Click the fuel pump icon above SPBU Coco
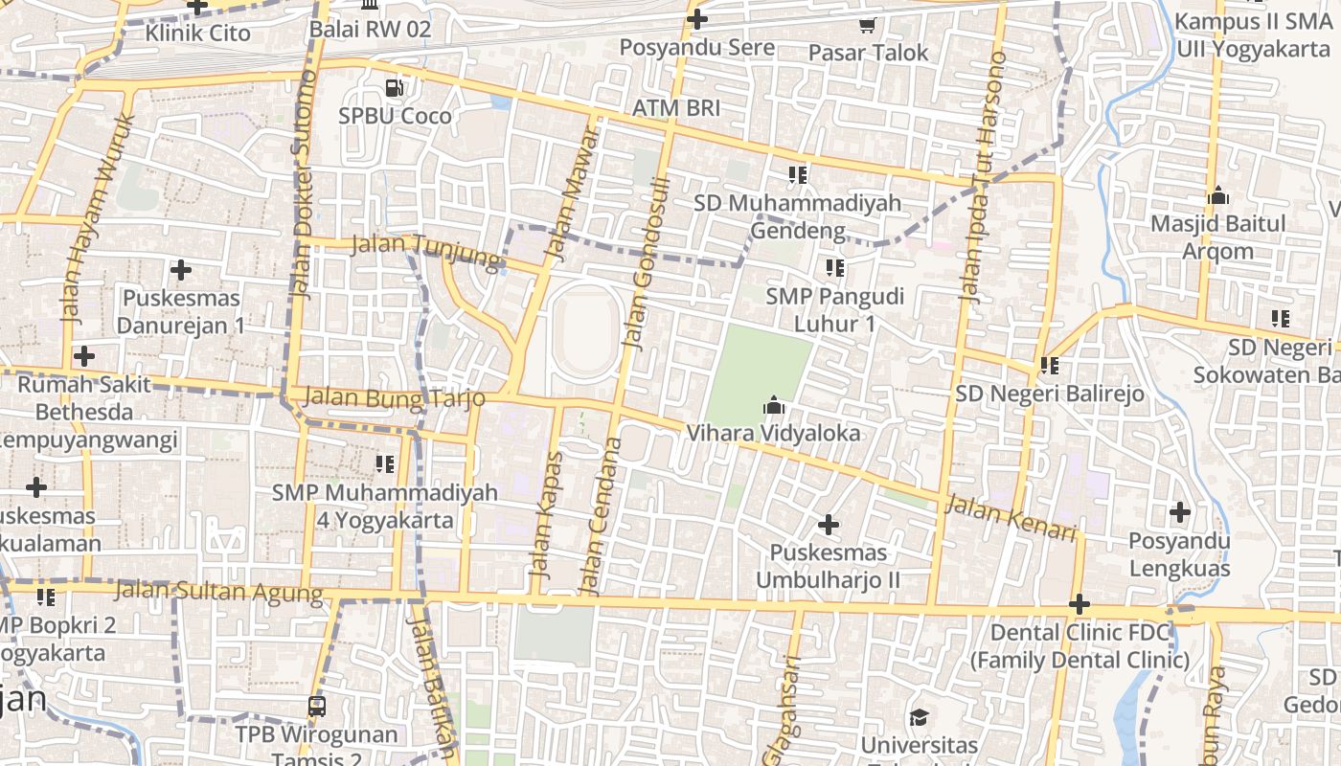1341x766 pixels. pos(394,88)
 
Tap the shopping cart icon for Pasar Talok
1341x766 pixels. pos(868,26)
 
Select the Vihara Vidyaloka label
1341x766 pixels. pos(773,434)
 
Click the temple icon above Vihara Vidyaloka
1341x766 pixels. pos(773,407)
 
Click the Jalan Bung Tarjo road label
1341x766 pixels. pos(394,397)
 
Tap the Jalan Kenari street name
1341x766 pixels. pos(1011,517)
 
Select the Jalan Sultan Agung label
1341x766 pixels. pos(219,592)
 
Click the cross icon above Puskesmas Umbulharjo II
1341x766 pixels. pos(829,525)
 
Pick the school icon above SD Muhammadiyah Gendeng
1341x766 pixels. pos(797,175)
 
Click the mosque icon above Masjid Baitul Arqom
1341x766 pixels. pos(1218,195)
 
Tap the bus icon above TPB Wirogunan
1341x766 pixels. pos(316,707)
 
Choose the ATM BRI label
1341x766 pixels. pos(676,108)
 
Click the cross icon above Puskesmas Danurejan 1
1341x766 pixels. pos(180,271)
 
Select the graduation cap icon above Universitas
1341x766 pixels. pos(919,717)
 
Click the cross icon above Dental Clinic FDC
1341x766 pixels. pos(1080,604)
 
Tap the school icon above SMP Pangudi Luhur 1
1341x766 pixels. pos(834,268)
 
